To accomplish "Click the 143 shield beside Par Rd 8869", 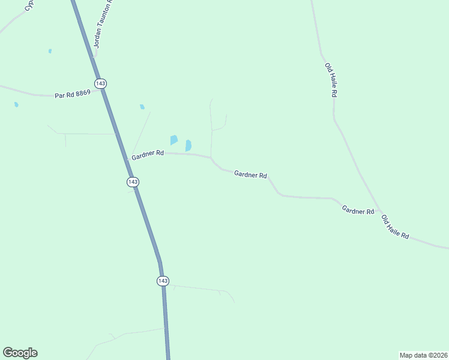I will click(100, 83).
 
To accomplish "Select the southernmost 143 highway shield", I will click(163, 281).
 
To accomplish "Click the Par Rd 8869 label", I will click(72, 94).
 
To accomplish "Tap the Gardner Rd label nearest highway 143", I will click(148, 154).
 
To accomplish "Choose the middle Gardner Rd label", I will click(250, 175).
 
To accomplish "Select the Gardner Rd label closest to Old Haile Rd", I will click(358, 211).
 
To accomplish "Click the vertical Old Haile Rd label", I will click(331, 80).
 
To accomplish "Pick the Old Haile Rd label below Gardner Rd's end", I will click(395, 228).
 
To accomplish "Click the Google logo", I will click(20, 352).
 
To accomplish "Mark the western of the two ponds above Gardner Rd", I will click(173, 140).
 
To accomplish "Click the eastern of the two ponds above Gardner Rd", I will click(188, 145).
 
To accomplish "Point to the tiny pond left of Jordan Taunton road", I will click(50, 51).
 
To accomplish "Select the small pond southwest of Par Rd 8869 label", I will click(16, 104).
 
